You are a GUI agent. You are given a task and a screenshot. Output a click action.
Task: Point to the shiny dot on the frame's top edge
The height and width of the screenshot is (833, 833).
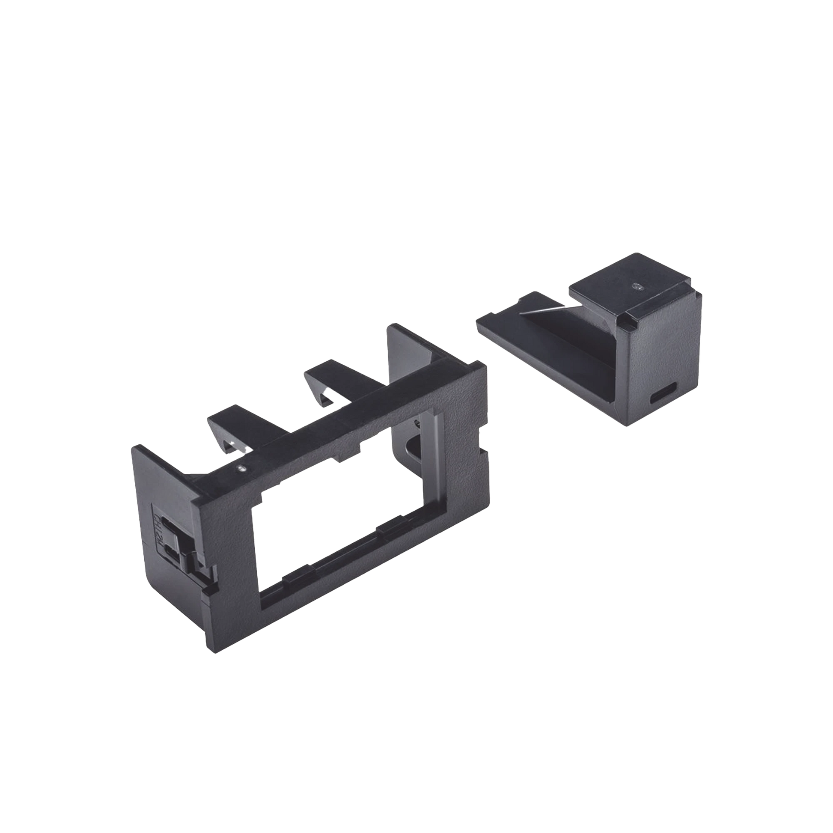[242, 467]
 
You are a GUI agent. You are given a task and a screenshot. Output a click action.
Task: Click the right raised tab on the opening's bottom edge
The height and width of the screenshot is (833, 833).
[390, 528]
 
